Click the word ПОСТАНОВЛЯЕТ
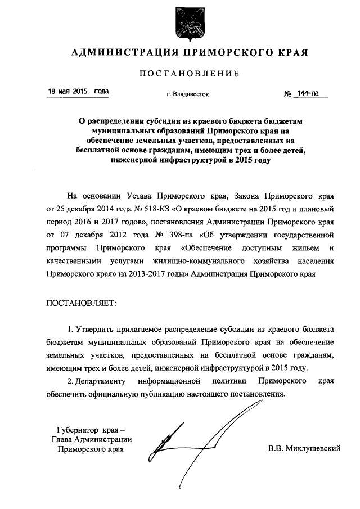81,303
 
